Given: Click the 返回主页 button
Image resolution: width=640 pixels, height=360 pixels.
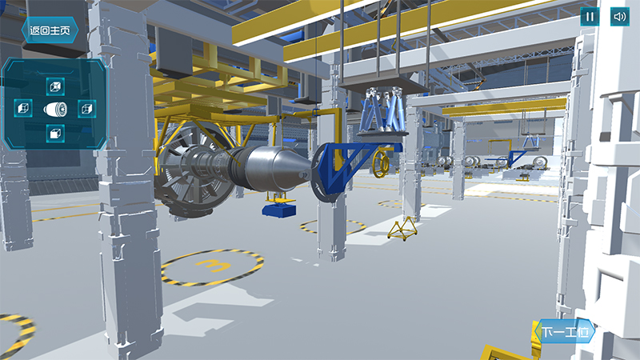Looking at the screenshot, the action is [50, 30].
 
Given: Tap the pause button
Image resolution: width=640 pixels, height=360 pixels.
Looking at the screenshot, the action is [590, 17].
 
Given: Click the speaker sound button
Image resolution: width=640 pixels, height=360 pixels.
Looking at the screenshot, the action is [619, 17].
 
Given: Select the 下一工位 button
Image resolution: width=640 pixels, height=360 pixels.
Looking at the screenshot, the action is [566, 331].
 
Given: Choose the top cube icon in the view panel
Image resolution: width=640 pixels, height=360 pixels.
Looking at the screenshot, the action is [55, 86].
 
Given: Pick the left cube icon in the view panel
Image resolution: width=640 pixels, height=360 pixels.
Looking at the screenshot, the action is [23, 108].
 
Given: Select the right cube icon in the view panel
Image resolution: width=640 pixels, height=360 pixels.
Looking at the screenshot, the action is [87, 109].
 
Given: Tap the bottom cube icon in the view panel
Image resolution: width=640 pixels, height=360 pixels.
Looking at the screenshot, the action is [55, 134].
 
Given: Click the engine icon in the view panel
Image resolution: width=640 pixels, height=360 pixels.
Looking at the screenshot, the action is [55, 110].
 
